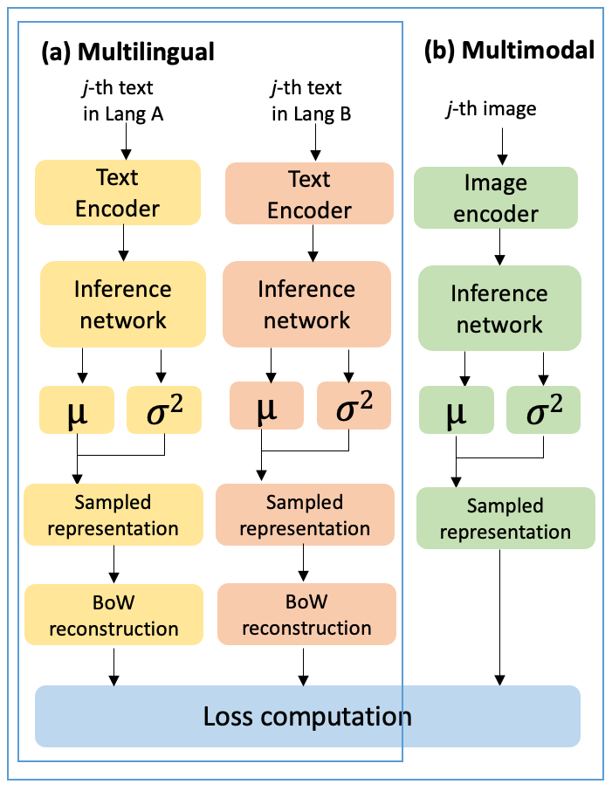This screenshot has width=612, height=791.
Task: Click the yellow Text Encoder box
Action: [118, 193]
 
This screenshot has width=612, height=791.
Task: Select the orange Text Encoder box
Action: [309, 195]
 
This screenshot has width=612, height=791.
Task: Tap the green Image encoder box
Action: [495, 199]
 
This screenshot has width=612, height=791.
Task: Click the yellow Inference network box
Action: [123, 304]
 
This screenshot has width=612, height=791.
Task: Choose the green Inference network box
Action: [499, 309]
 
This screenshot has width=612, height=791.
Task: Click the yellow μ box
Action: [77, 409]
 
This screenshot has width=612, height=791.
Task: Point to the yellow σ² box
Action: [165, 409]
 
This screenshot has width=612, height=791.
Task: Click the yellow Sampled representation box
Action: [113, 515]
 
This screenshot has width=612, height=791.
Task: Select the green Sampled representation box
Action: [505, 519]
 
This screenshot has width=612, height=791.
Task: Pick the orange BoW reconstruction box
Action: [306, 615]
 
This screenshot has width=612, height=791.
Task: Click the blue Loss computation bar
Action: [307, 717]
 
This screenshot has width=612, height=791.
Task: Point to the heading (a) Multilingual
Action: [127, 52]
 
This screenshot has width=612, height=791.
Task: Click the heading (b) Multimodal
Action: [509, 51]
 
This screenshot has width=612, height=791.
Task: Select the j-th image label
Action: [490, 109]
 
